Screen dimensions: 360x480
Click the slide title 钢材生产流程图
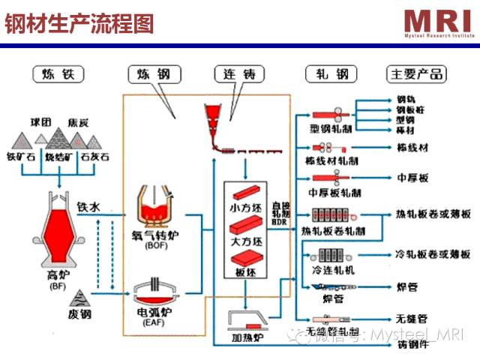79,24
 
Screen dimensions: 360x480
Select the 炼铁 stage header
58,74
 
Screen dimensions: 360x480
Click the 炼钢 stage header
154,74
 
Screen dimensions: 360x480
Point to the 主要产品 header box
415,74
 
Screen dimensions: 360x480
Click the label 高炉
58,275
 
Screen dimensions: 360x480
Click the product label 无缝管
411,318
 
